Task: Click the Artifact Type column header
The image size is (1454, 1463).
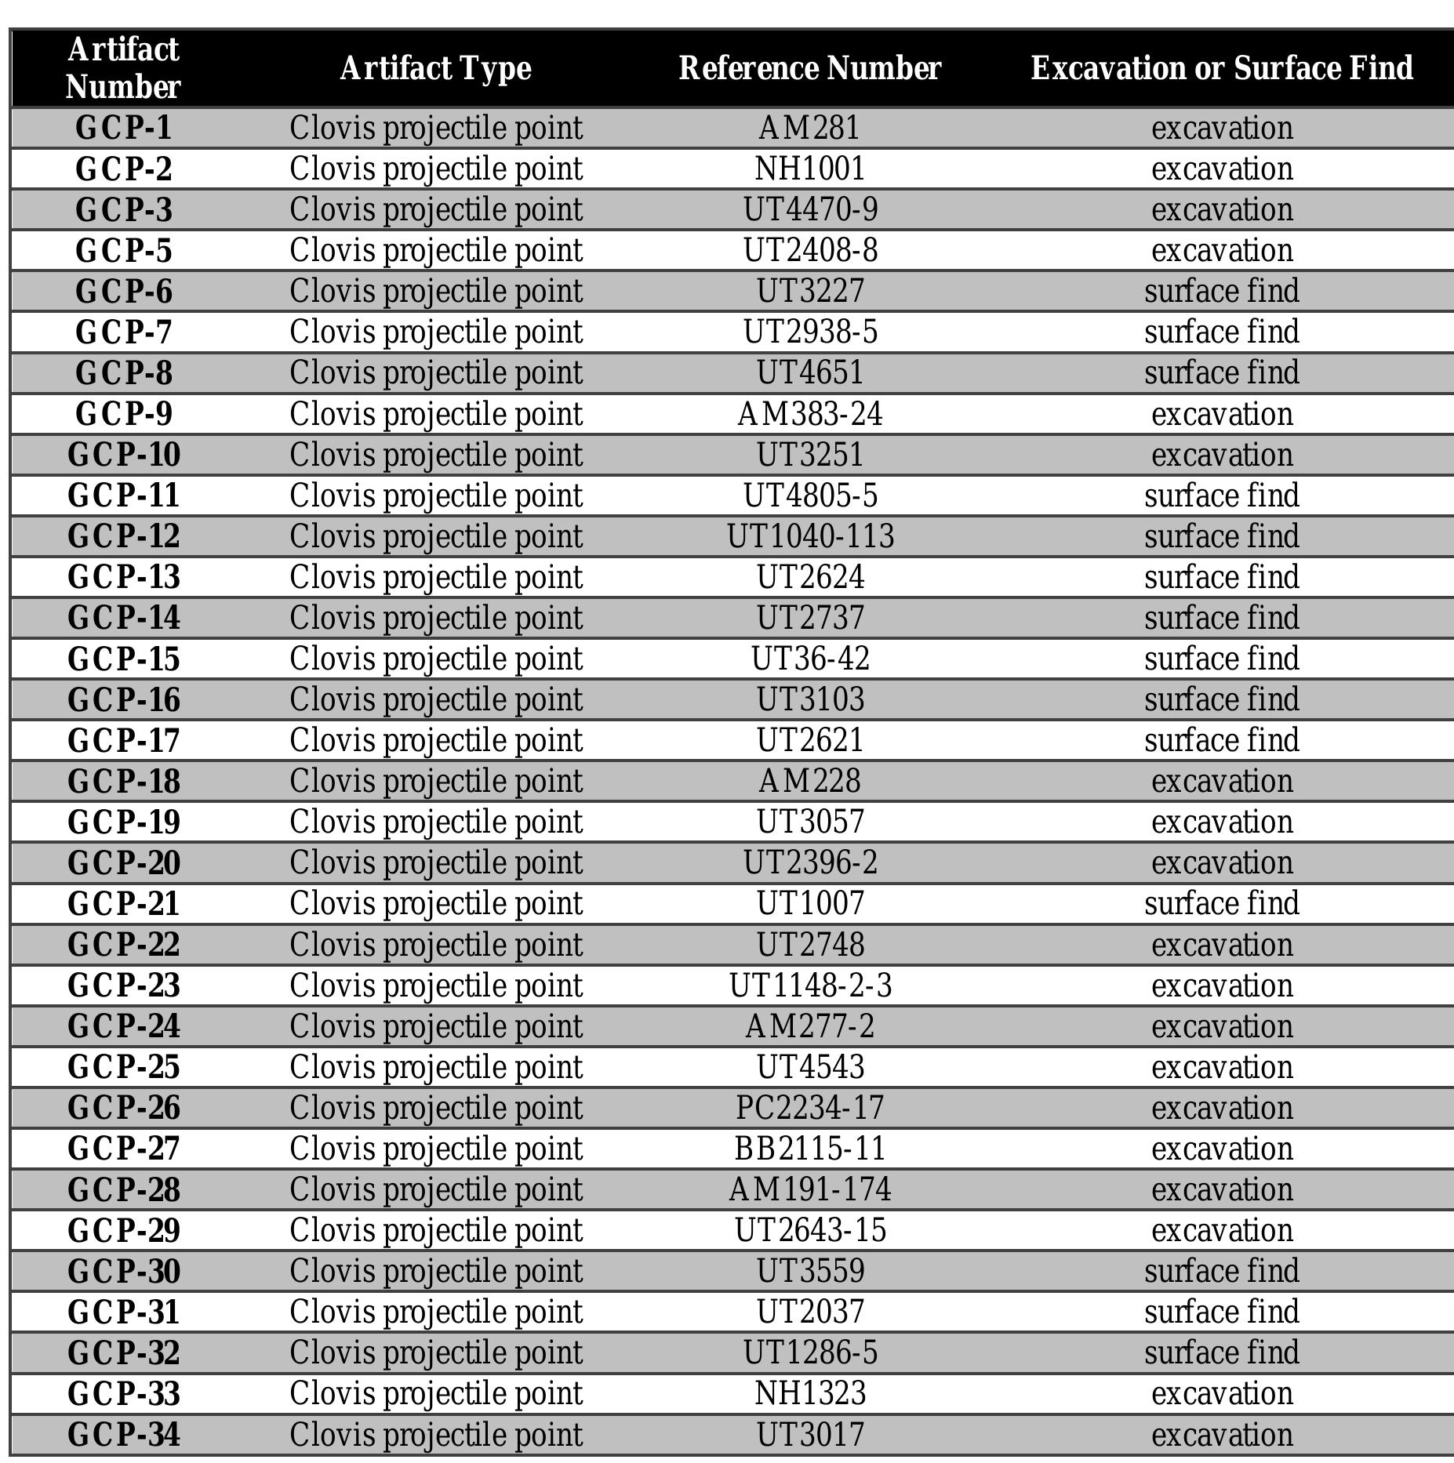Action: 435,68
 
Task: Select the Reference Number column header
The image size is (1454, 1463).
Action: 809,68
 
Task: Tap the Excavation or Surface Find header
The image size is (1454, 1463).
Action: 1221,68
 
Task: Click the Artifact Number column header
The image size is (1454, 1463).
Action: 123,68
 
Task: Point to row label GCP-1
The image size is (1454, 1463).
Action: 123,128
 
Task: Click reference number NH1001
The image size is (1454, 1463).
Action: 809,169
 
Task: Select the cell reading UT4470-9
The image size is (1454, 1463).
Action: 810,209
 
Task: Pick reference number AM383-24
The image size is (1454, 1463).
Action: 809,414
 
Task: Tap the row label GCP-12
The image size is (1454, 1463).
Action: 123,536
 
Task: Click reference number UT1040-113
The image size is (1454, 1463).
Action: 810,536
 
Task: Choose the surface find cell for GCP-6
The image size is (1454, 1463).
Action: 1221,291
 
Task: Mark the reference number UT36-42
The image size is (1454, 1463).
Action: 810,659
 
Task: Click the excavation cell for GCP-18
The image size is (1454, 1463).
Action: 1221,781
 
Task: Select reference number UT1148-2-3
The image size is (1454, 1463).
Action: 810,986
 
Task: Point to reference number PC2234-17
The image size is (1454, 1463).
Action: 809,1108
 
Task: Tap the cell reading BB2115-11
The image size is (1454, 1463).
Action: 809,1149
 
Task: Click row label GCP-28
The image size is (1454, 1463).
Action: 123,1189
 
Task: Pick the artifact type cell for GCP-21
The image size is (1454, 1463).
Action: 435,903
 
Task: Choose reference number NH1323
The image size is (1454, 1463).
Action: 809,1393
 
